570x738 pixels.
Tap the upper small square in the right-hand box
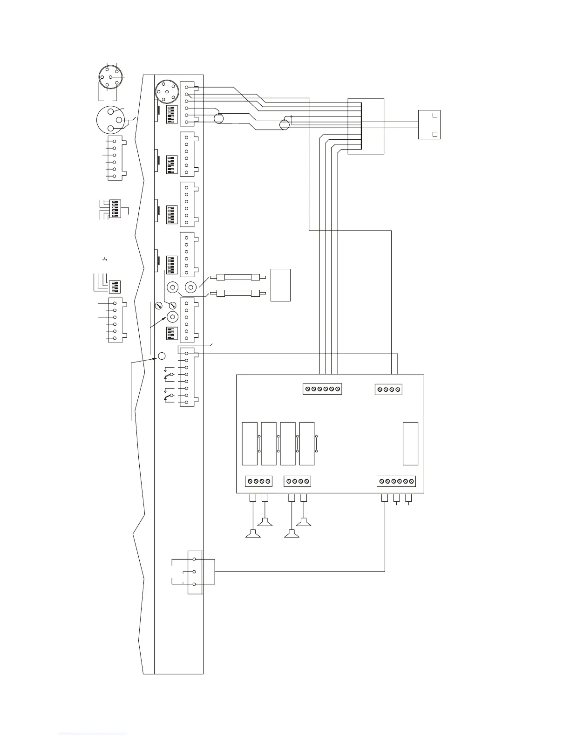coord(434,115)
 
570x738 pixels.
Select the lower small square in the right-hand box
coord(434,134)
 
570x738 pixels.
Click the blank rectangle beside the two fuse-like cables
coord(281,285)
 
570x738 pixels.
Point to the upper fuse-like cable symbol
coord(238,278)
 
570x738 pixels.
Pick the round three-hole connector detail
coord(110,120)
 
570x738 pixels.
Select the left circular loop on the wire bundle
coord(219,118)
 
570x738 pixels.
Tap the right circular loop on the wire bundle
coord(284,124)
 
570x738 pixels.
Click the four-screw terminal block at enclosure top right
coord(388,389)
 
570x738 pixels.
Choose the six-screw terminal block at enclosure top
coord(322,389)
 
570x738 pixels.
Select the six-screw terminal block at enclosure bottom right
coord(396,481)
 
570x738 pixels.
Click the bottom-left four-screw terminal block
coord(258,481)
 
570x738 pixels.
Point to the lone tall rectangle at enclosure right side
coord(410,444)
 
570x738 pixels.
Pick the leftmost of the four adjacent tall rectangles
coord(250,444)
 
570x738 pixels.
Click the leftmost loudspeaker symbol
coord(252,534)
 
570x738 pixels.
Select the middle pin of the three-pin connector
coord(194,572)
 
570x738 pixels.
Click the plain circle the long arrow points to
coord(162,356)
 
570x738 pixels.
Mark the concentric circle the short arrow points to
coord(172,317)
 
